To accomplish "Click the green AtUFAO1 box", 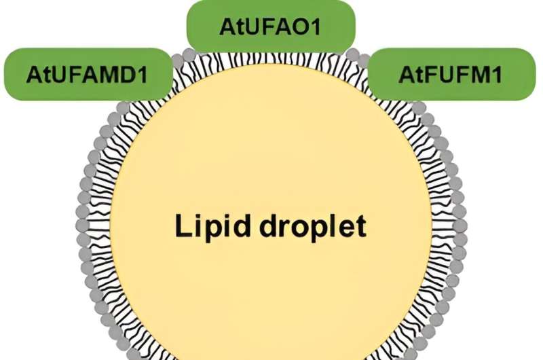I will click(270, 27).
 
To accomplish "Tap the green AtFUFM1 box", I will click(451, 74).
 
